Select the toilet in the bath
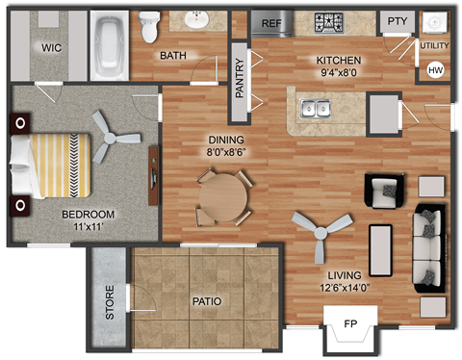(x=149, y=26)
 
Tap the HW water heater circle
(x=435, y=69)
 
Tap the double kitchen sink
(x=316, y=108)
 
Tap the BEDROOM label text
(x=88, y=214)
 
